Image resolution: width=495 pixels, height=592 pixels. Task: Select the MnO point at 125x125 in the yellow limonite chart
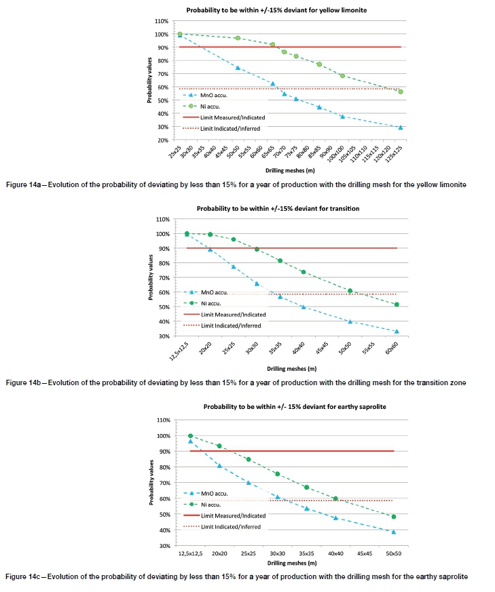tap(401, 127)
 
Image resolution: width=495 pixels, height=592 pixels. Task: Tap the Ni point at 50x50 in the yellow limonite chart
tap(238, 38)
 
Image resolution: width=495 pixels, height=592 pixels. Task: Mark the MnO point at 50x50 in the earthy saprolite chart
tap(393, 532)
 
